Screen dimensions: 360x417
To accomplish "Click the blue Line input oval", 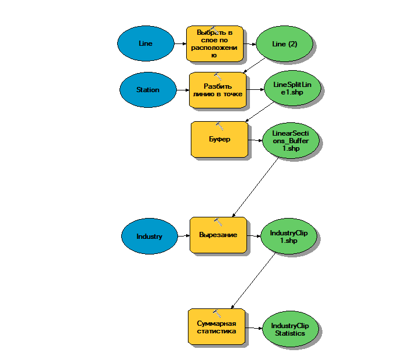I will [x=146, y=43].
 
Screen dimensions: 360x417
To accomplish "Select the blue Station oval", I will [x=148, y=90].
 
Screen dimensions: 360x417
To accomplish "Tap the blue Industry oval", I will [x=149, y=236].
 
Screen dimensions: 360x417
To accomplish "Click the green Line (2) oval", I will [x=284, y=43].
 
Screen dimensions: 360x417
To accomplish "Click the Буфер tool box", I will [x=219, y=140].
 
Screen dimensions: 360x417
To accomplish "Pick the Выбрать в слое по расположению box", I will [x=214, y=43].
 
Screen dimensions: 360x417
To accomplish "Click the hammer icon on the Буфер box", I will [x=219, y=125].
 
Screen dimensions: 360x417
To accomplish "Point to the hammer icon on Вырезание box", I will [x=218, y=221].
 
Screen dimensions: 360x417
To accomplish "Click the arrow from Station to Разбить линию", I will [x=183, y=90].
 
